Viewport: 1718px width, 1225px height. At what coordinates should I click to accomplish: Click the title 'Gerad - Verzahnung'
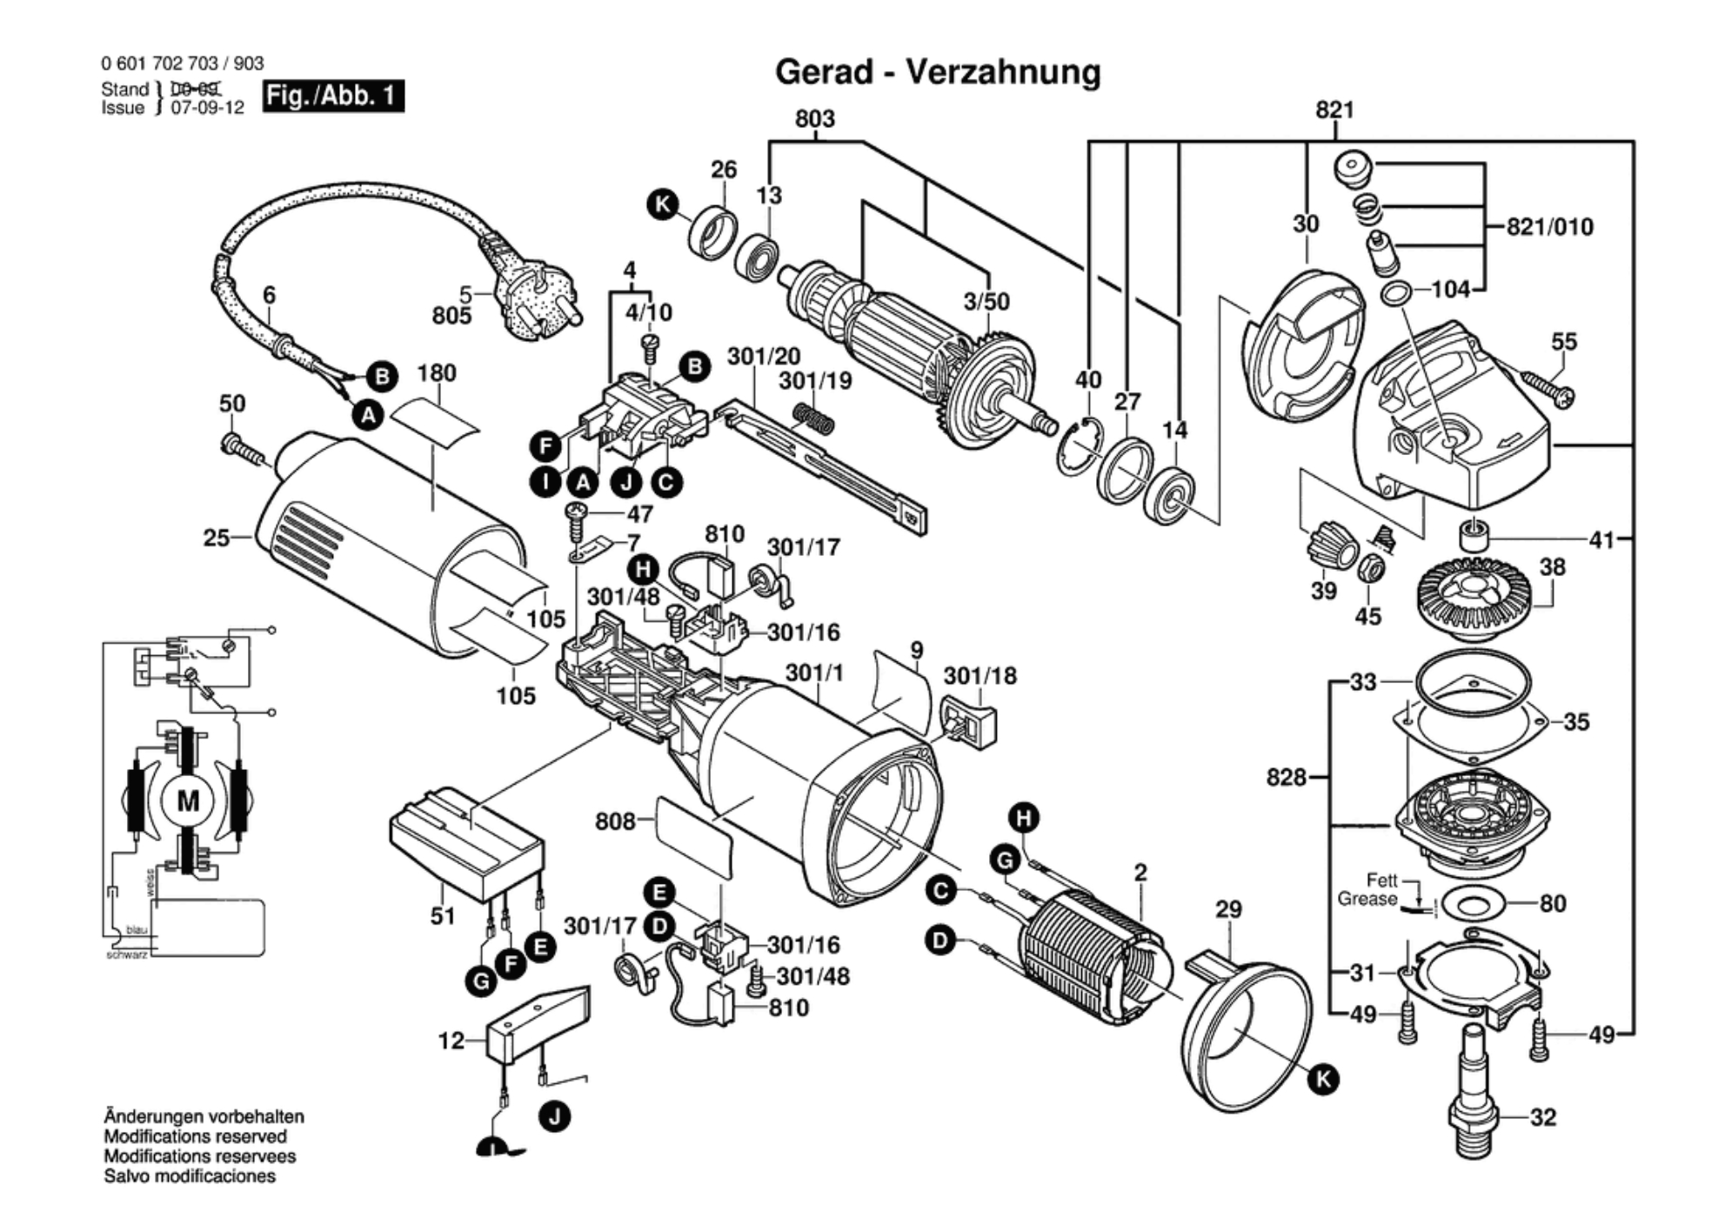937,72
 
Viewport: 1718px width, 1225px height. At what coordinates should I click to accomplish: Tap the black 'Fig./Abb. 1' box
333,95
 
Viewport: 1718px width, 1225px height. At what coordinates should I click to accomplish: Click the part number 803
814,118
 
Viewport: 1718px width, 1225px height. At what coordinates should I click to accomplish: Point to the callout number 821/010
1549,227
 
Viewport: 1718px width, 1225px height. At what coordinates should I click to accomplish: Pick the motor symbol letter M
188,801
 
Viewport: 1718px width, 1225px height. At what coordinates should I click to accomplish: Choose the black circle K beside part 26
663,205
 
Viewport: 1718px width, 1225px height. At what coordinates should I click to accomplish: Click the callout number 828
1286,776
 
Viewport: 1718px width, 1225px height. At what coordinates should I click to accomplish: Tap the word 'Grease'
1367,899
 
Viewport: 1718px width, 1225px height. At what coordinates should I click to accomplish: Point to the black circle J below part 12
555,1116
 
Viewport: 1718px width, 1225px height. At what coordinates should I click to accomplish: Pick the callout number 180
436,373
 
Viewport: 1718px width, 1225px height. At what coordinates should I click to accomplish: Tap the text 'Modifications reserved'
195,1136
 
